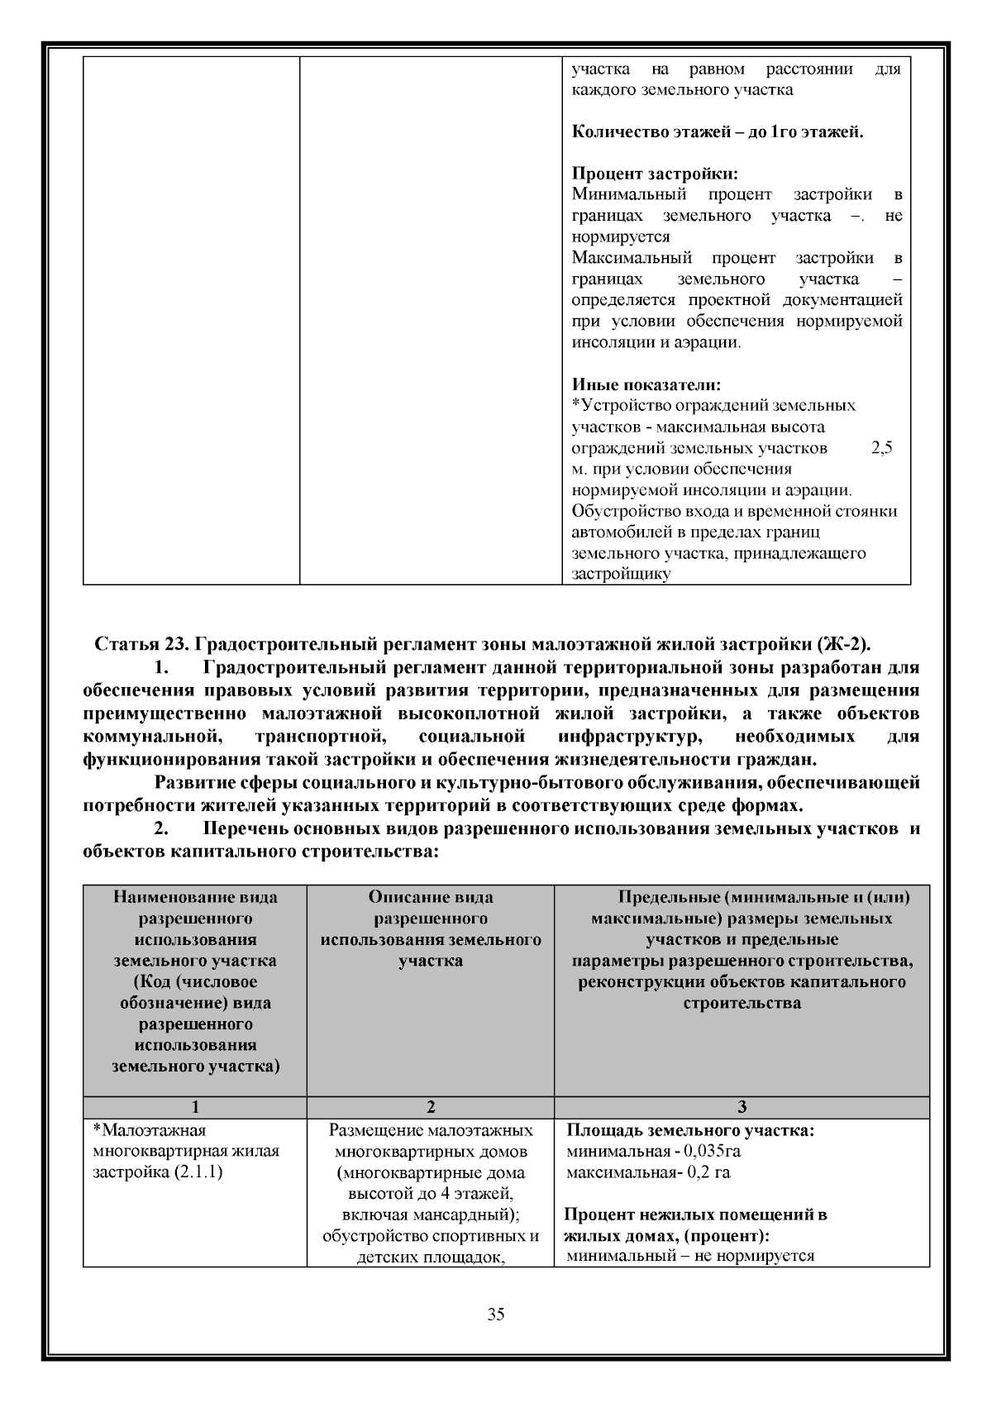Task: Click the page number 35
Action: point(496,1315)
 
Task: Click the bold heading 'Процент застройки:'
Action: point(655,174)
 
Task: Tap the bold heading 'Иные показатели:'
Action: point(646,384)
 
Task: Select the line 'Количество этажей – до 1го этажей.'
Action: point(718,132)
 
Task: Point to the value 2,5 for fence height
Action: point(882,448)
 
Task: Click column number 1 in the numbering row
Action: point(195,1107)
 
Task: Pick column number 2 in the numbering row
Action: point(431,1107)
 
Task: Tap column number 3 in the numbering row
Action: point(742,1107)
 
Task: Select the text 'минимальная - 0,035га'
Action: point(646,1151)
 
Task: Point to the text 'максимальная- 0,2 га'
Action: point(648,1172)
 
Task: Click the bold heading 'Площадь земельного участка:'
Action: point(690,1130)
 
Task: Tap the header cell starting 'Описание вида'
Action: point(431,897)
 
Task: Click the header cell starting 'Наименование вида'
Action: point(195,897)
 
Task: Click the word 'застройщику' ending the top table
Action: point(621,574)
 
